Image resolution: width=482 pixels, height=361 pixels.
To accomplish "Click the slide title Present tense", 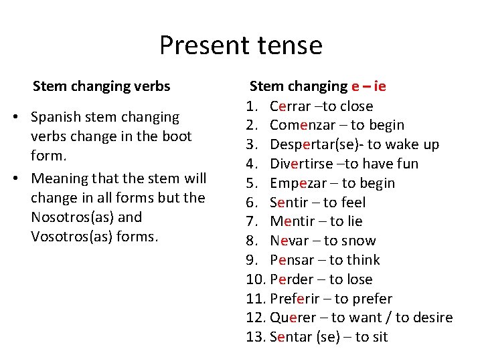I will [x=240, y=45].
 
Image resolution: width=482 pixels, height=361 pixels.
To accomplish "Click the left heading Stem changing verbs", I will [x=101, y=86].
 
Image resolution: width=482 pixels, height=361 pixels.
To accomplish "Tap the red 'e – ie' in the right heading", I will [x=368, y=86].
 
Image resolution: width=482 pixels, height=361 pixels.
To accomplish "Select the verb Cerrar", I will [x=290, y=106].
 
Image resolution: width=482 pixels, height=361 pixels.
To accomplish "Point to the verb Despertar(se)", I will [x=313, y=144].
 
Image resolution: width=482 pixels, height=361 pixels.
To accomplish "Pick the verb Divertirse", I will [x=300, y=164].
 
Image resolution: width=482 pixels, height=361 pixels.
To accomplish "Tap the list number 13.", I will [x=255, y=337].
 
